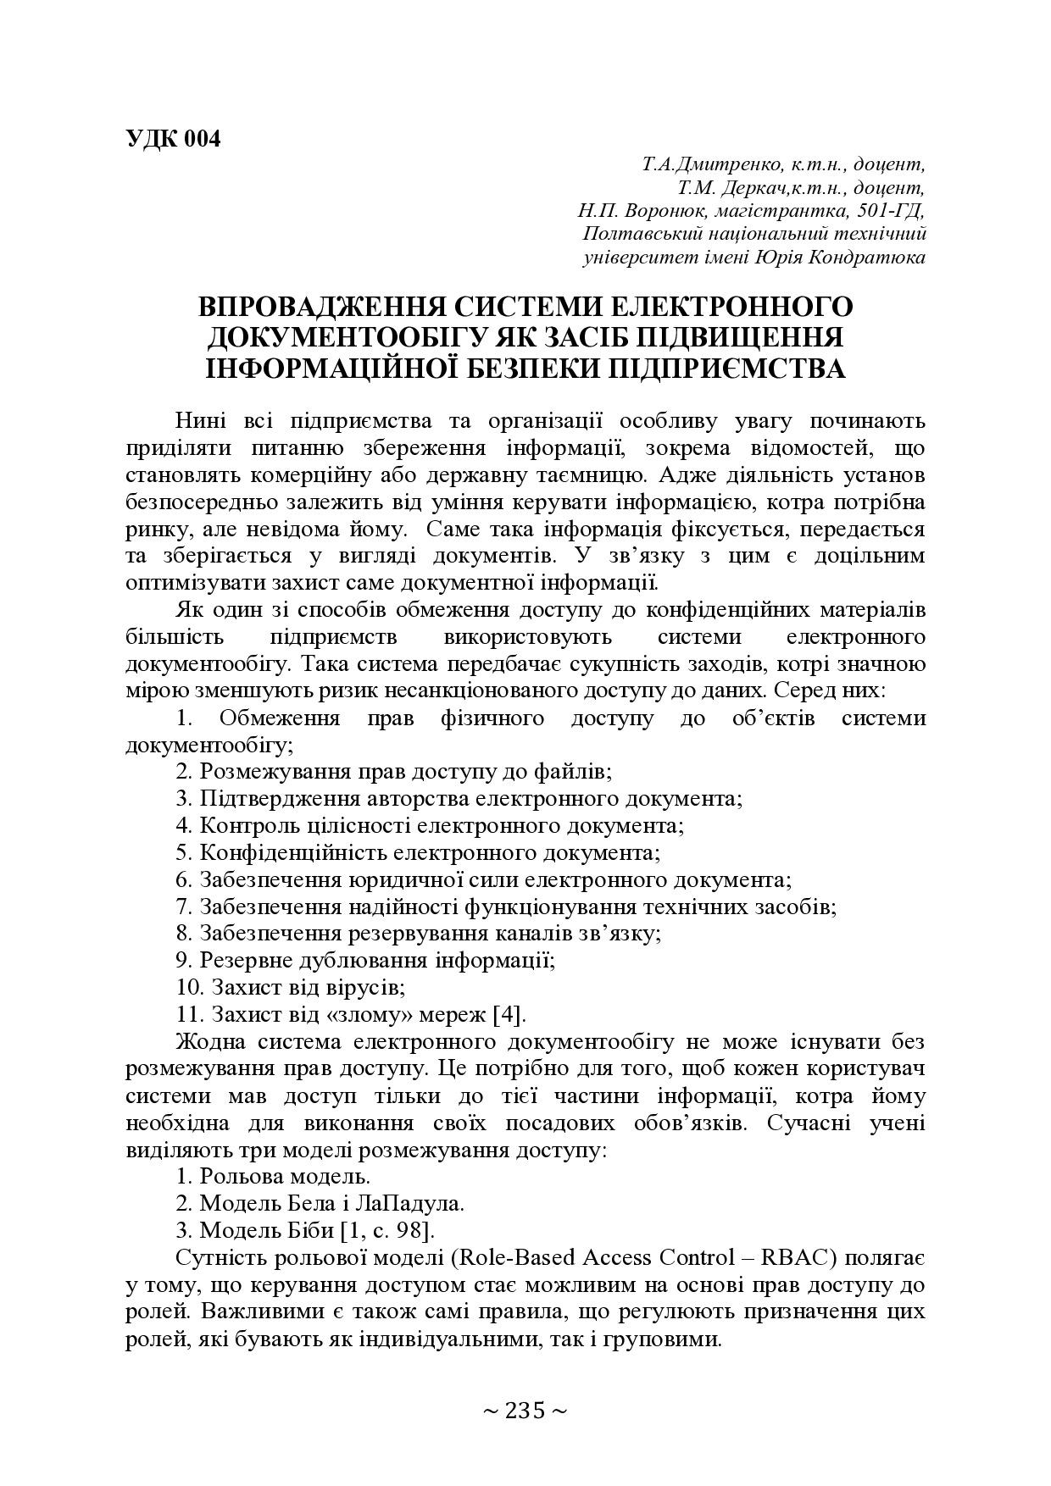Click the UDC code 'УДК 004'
click(x=172, y=140)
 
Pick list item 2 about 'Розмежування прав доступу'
click(x=394, y=772)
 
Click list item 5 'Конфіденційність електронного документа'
click(x=418, y=852)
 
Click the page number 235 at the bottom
click(x=525, y=1411)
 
